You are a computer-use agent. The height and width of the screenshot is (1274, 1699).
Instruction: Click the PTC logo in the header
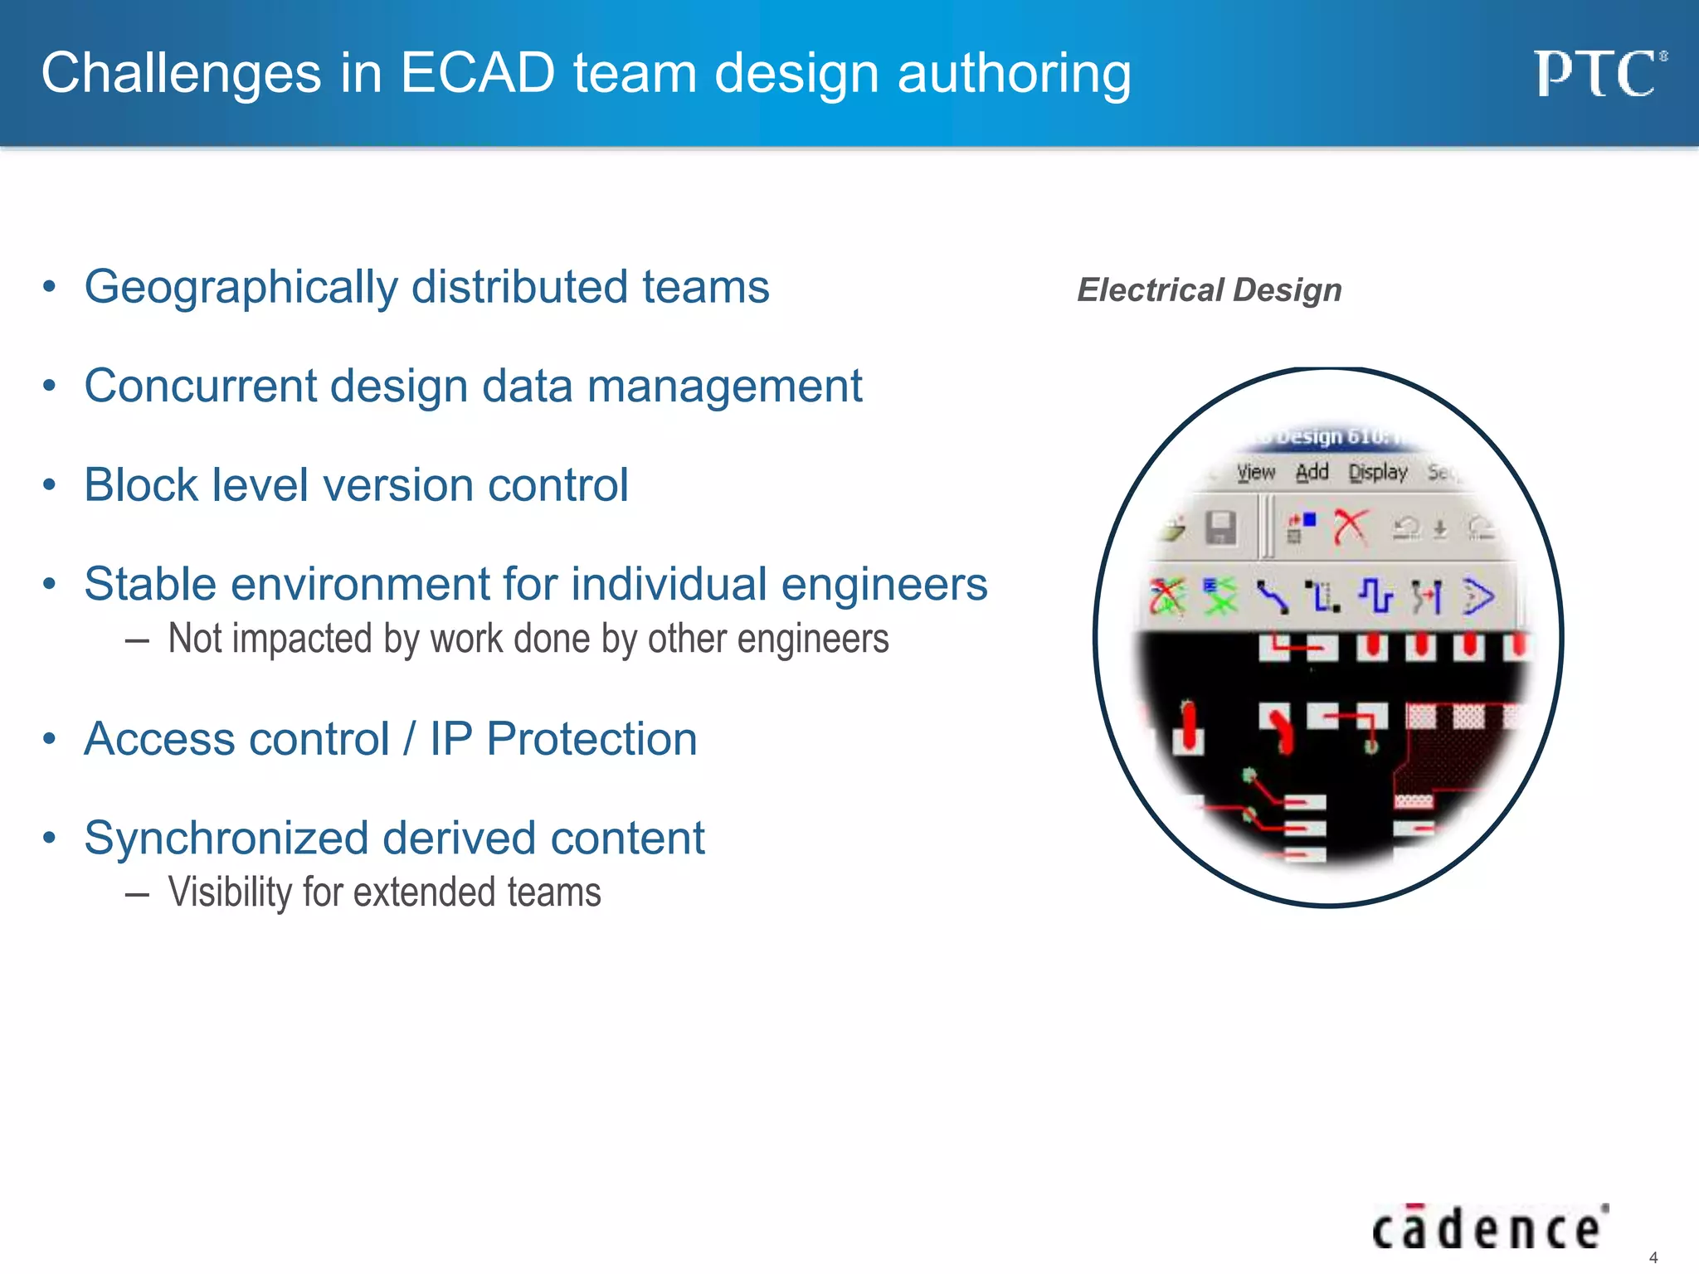[1598, 74]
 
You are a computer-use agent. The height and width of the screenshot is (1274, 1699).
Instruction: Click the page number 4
[1653, 1257]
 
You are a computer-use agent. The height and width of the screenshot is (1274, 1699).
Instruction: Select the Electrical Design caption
[1209, 290]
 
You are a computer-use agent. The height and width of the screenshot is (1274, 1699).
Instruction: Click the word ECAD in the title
[478, 73]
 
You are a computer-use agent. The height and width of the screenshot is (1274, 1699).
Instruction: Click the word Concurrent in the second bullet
[201, 387]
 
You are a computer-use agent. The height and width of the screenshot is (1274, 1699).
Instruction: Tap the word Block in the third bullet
[140, 485]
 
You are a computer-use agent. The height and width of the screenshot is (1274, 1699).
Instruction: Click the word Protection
[591, 739]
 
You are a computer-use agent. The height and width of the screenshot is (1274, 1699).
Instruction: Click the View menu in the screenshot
[1255, 473]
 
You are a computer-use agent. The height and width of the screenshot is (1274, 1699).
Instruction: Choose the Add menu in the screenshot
[1312, 473]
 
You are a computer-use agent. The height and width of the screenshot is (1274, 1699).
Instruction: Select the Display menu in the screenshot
[1377, 473]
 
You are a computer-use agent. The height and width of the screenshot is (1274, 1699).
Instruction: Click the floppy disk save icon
[1220, 528]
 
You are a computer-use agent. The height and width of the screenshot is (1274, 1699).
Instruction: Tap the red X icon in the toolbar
[1351, 528]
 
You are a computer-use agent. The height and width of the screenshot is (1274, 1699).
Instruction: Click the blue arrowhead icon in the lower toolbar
[1478, 596]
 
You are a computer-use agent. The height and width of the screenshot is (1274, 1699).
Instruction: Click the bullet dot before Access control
[50, 738]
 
